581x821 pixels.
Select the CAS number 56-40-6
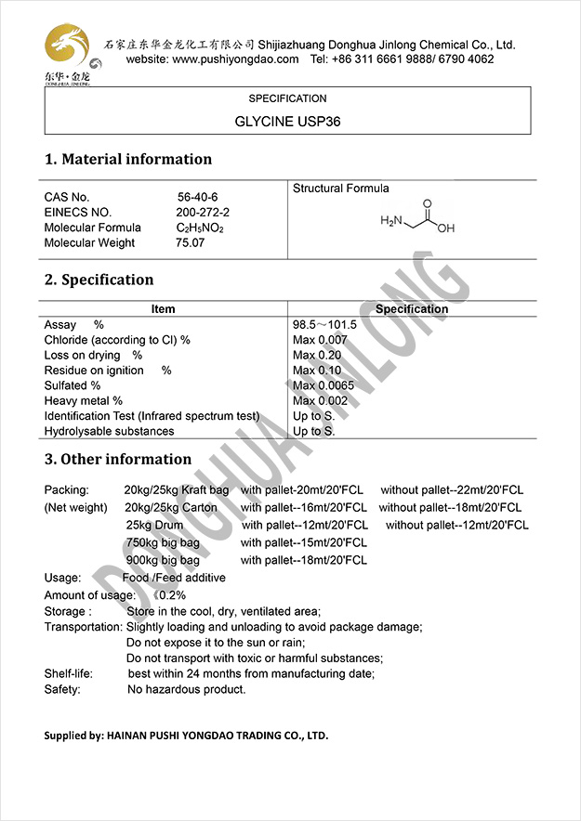coord(197,197)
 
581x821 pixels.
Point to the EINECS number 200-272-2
coord(203,213)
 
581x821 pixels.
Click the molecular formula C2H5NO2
coord(200,228)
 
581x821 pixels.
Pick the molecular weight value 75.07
coord(190,242)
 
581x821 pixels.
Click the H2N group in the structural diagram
coord(392,222)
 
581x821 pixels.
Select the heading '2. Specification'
coord(99,280)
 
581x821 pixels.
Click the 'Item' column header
coord(163,309)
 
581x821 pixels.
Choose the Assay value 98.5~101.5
coord(324,325)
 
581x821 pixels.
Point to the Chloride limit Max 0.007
coord(320,340)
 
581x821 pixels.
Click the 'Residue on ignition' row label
coord(94,371)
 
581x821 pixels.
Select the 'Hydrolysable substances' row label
coord(109,431)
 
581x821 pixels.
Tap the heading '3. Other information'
coord(118,459)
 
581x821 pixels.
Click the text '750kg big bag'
coord(163,542)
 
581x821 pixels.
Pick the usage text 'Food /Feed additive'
coord(174,578)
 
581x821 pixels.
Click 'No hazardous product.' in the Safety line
coord(187,689)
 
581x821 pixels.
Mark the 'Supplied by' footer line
coord(186,736)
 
